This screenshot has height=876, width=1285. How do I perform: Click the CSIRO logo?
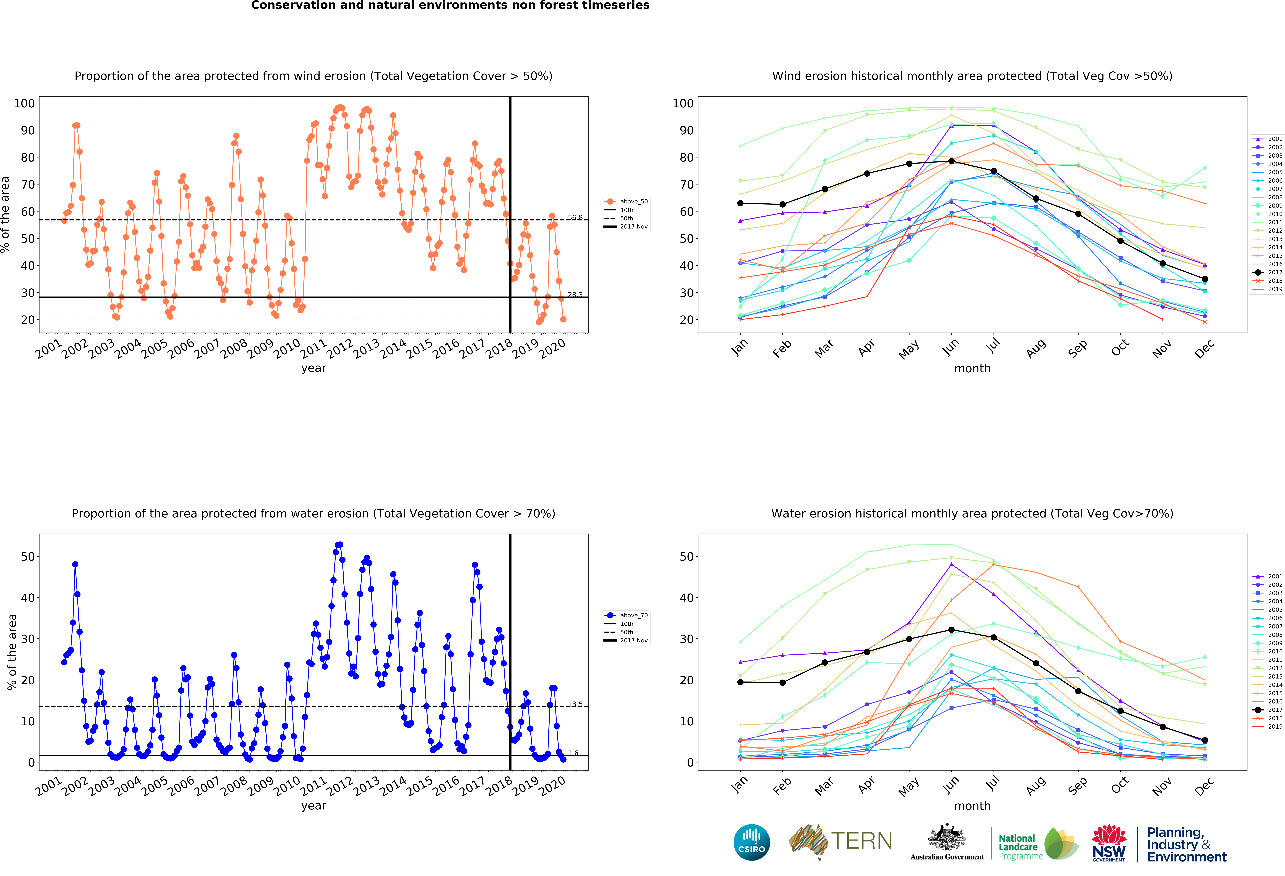click(x=751, y=842)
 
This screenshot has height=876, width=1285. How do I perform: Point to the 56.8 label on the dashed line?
click(x=575, y=217)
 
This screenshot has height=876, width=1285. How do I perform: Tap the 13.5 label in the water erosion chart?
click(x=575, y=704)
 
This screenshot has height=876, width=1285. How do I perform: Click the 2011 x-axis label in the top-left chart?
click(x=313, y=349)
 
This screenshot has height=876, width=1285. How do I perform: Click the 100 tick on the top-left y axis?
click(x=24, y=103)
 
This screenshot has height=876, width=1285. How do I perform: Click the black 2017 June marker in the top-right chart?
click(x=951, y=161)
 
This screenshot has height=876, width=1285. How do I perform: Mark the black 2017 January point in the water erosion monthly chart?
click(x=740, y=682)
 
